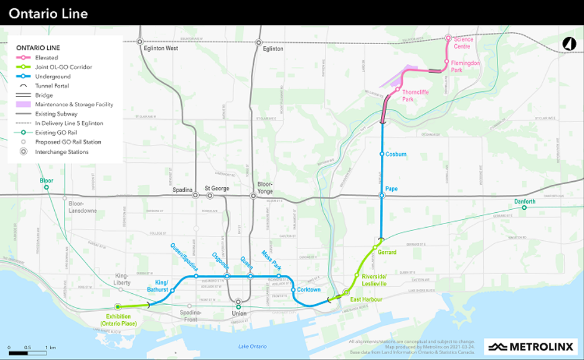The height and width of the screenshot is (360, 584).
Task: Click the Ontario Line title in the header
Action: [48, 13]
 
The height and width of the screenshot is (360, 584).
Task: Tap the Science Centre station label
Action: [463, 43]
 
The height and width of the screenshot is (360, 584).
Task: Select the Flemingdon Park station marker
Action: [446, 61]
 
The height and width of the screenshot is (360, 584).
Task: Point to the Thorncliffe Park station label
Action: [416, 95]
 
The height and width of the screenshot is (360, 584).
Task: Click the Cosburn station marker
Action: [382, 154]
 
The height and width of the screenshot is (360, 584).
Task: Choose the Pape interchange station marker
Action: [382, 195]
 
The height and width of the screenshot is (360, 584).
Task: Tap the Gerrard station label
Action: [387, 252]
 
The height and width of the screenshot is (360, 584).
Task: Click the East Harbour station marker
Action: [346, 292]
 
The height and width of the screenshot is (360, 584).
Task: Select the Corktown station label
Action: [309, 290]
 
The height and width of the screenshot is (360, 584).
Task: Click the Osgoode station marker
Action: [227, 276]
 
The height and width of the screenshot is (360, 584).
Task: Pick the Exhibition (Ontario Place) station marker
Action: [117, 307]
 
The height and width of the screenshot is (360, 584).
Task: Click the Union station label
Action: [239, 314]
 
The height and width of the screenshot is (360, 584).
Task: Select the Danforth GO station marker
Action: [524, 207]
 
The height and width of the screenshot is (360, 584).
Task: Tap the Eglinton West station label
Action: [161, 48]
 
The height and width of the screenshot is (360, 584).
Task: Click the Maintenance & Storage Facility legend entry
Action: [69, 104]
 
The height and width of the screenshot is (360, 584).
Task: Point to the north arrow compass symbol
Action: [569, 44]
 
